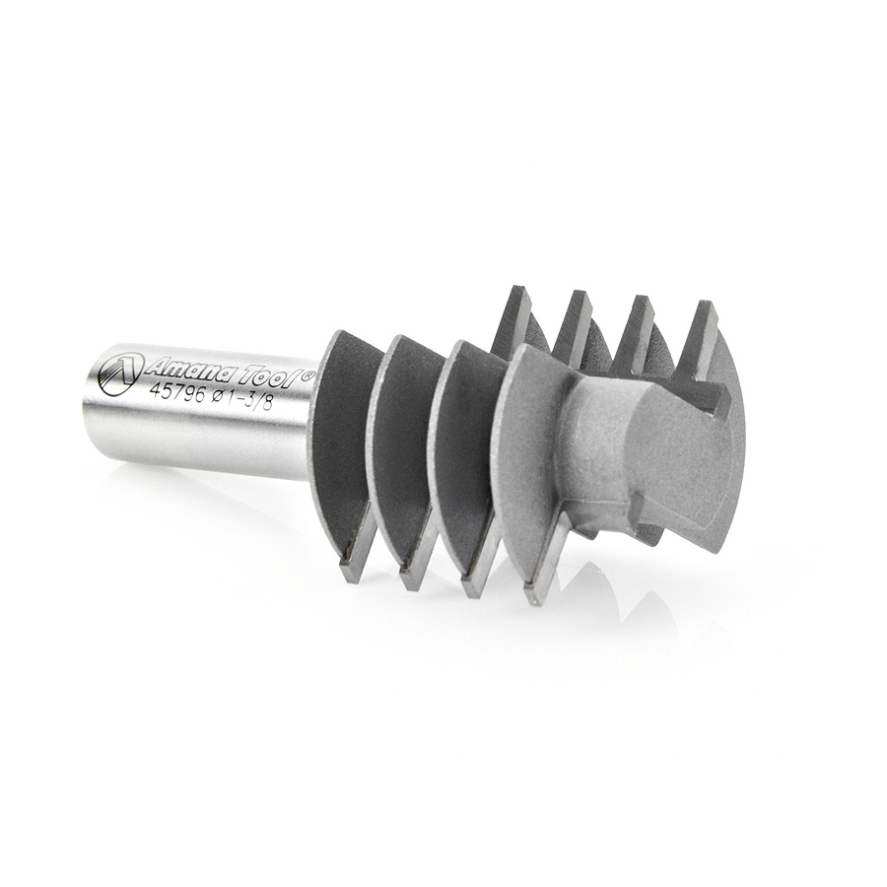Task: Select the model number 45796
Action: [x=175, y=392]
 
